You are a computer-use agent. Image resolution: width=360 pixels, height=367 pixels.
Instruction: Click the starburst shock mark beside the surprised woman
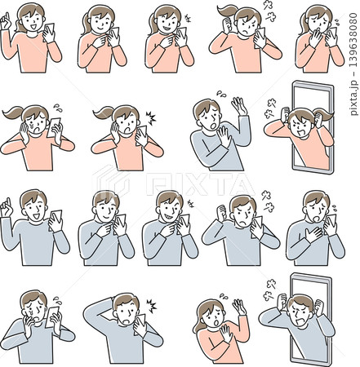151,118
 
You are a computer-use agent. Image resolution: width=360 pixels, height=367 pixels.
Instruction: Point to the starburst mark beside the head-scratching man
151,306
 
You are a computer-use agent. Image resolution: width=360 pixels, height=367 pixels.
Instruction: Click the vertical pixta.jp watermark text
353,64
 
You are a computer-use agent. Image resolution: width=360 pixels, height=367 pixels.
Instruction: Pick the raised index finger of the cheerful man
8,203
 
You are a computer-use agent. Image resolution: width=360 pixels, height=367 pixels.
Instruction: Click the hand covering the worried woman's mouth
316,38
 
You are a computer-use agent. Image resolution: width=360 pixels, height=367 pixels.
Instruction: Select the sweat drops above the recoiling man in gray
221,94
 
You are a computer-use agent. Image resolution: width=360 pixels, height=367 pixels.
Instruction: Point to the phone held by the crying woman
54,127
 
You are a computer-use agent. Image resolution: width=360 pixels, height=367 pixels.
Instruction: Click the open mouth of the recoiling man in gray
214,126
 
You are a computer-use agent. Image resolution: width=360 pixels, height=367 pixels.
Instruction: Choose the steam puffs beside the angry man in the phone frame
269,290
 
